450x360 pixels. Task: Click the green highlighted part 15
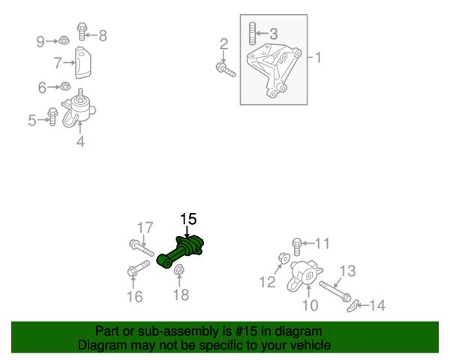tap(181, 252)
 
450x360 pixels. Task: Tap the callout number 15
tap(188, 219)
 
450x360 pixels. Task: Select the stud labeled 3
tap(252, 33)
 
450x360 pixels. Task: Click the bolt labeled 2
tap(226, 70)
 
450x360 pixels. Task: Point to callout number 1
tap(318, 57)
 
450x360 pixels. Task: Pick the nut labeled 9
tap(64, 40)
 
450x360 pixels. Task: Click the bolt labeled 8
tap(82, 31)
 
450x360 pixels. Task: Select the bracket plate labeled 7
tap(83, 62)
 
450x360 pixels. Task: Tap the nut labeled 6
tap(65, 85)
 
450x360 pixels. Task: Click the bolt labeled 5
tap(52, 116)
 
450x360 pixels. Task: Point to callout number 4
tap(81, 142)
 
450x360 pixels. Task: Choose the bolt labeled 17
tap(142, 248)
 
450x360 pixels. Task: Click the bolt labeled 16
tap(138, 268)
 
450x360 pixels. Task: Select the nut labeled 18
tap(179, 269)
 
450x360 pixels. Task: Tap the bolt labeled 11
tap(297, 247)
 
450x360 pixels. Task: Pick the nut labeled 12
tap(284, 258)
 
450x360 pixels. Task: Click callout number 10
tap(310, 305)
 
